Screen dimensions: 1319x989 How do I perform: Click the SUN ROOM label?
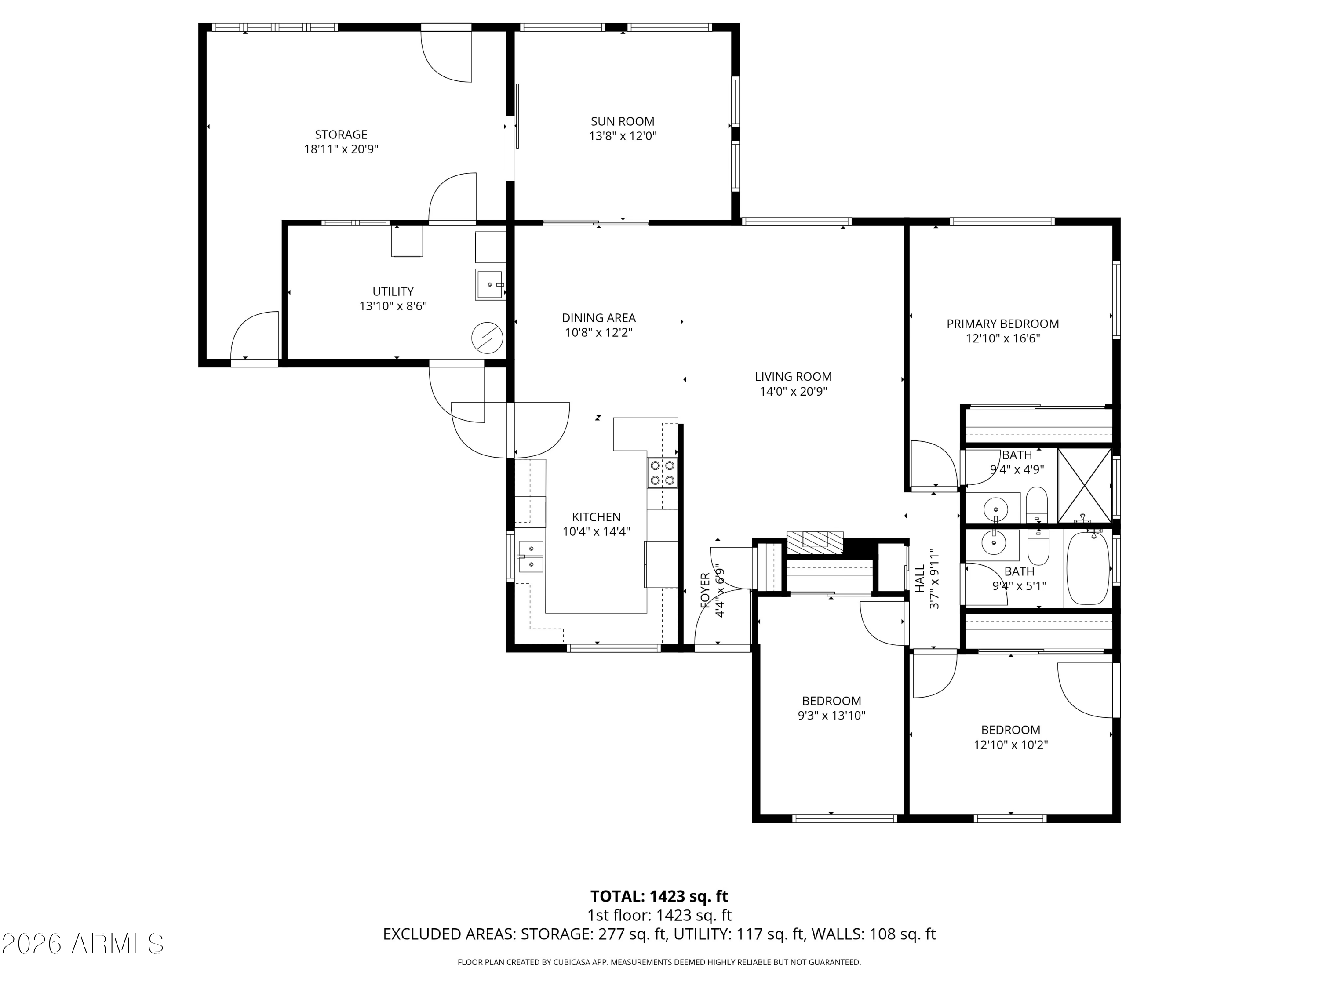623,122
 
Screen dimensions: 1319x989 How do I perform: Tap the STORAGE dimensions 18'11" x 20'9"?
341,149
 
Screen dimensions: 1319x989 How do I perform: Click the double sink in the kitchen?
531,556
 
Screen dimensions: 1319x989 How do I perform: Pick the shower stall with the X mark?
1085,485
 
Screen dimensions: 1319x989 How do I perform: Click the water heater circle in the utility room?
487,338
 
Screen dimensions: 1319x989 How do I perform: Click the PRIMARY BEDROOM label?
1002,324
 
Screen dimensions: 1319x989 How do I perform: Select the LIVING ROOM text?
793,377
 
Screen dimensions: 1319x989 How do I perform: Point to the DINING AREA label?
599,318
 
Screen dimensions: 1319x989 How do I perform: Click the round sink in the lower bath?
993,544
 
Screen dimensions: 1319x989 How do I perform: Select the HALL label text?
919,579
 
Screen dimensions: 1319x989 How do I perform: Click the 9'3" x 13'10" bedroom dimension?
831,715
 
